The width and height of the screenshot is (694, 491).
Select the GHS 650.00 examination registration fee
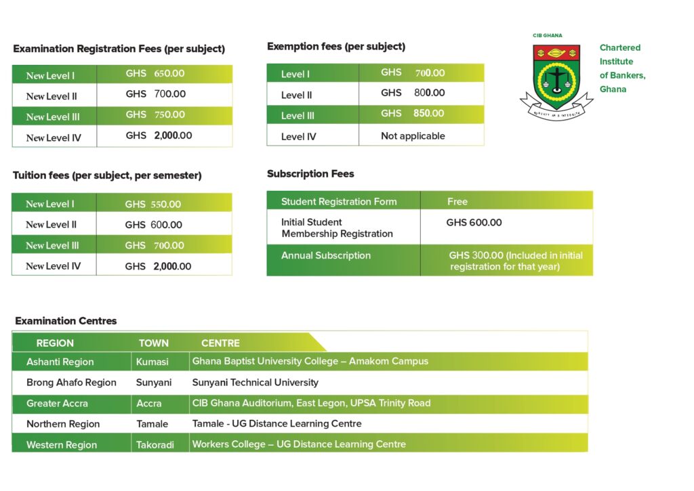(x=155, y=74)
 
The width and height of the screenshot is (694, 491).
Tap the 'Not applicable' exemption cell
(x=413, y=136)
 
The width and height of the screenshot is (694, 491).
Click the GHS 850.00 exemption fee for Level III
(x=412, y=114)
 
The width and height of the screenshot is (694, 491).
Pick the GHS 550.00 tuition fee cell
(x=152, y=204)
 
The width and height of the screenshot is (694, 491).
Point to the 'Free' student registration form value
(x=457, y=201)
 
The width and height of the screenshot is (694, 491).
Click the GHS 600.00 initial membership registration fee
(x=474, y=222)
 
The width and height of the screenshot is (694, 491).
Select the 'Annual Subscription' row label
(x=326, y=255)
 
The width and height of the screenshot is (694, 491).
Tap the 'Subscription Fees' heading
(x=310, y=174)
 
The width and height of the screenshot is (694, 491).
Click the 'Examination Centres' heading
(x=66, y=321)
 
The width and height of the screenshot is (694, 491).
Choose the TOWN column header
(x=154, y=343)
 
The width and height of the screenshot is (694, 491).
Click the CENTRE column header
(x=220, y=343)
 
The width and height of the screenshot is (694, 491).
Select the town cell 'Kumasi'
(x=152, y=362)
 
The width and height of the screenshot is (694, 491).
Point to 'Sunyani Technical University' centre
(x=255, y=383)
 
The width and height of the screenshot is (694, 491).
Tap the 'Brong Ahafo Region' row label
(x=71, y=383)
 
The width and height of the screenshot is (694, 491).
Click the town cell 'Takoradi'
(x=155, y=445)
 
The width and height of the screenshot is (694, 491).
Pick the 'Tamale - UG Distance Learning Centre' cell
(x=277, y=424)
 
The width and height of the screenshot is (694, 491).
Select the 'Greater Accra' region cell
(x=57, y=404)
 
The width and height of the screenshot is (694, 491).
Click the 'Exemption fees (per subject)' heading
(x=336, y=47)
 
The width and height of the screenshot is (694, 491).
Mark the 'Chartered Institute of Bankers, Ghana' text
(x=622, y=68)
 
